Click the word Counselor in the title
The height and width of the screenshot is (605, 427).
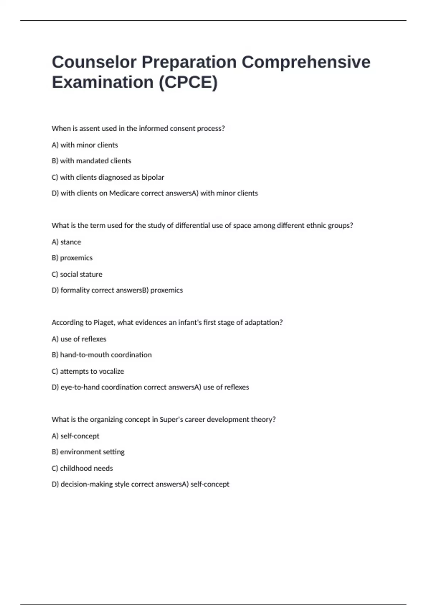[x=94, y=62]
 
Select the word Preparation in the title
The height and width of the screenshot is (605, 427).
[x=189, y=62]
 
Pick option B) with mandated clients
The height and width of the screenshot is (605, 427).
[x=91, y=161]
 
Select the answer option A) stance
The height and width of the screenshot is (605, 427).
[x=66, y=242]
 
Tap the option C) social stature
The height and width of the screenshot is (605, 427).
[x=77, y=274]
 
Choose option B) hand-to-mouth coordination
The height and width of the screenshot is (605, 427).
[x=101, y=355]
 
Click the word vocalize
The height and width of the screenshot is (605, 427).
[x=111, y=372]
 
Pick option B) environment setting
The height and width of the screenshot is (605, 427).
[x=88, y=452]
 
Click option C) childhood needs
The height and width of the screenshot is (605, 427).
[x=82, y=468]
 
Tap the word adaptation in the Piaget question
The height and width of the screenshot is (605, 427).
[x=263, y=323]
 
